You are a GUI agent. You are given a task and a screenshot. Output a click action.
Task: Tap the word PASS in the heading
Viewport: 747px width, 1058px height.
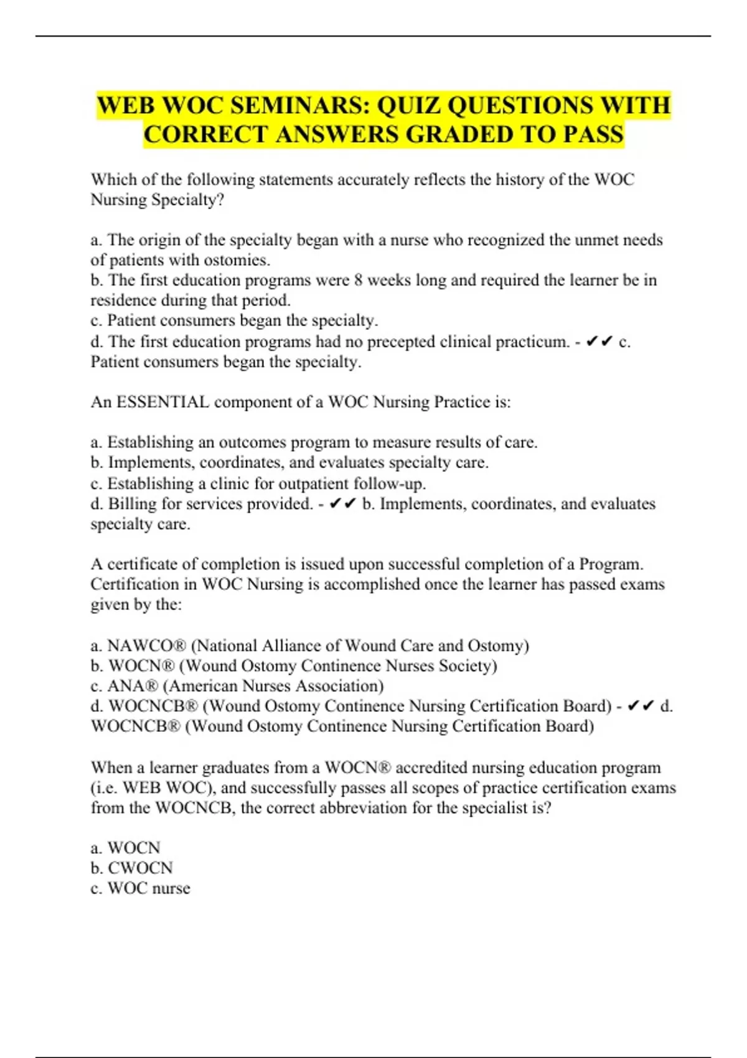pyautogui.click(x=593, y=134)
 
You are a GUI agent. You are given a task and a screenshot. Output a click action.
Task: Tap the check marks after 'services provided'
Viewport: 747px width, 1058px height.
pyautogui.click(x=342, y=503)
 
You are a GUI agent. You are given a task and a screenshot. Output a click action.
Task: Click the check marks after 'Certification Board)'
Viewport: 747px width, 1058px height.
pyautogui.click(x=641, y=706)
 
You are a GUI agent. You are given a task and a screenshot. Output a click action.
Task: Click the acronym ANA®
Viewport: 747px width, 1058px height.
pyautogui.click(x=133, y=686)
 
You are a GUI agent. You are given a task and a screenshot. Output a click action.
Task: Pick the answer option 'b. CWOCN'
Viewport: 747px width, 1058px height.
pyautogui.click(x=131, y=868)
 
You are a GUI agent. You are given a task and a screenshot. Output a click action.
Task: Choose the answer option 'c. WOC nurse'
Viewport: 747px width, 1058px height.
pyautogui.click(x=140, y=888)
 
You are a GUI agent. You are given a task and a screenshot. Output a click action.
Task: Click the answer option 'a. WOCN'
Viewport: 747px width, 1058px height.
pyautogui.click(x=125, y=848)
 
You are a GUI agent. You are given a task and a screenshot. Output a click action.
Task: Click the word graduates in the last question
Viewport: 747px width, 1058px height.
pyautogui.click(x=235, y=767)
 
